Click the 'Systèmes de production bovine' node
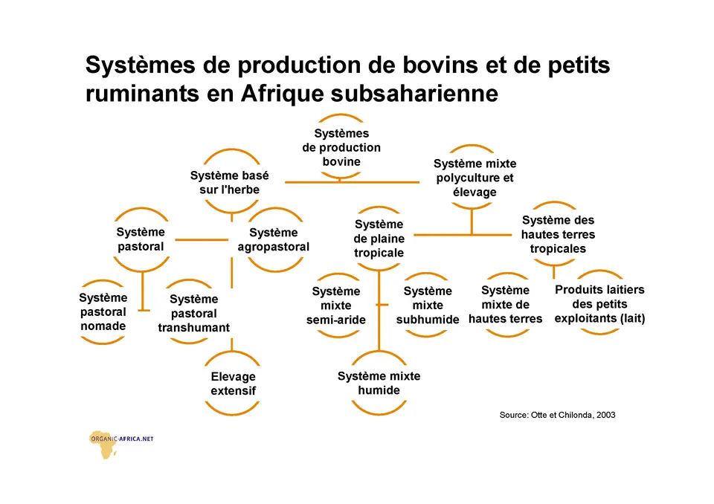coord(341,147)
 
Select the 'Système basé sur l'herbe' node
coord(230,182)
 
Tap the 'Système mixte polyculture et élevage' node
coord(475,178)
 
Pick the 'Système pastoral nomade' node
coord(103,312)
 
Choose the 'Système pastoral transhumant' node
coord(193,313)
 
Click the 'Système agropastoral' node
coord(273,239)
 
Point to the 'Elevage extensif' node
coord(233,384)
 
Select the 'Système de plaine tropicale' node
coord(379,238)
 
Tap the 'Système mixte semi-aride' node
coord(336,306)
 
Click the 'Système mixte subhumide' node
coord(427,305)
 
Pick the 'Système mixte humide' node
coord(379,383)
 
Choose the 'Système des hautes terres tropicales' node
coord(558,234)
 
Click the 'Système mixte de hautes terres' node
coord(506,305)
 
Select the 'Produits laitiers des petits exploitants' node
coord(599,303)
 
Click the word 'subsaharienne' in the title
coord(414,94)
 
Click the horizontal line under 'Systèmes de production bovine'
coord(352,182)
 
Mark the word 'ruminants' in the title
coord(142,94)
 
